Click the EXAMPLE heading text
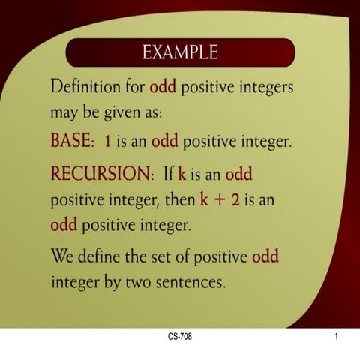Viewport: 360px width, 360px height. (x=180, y=52)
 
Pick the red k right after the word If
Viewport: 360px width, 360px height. (x=181, y=175)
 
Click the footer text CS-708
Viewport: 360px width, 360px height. (x=180, y=337)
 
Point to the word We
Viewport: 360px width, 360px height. (x=62, y=257)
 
